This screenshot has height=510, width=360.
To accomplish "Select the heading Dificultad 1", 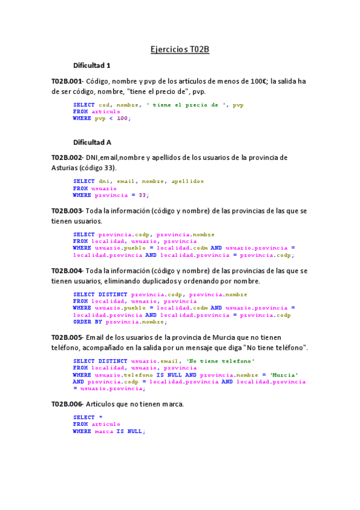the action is coord(92,66).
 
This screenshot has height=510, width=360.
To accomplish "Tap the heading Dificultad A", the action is coord(92,143).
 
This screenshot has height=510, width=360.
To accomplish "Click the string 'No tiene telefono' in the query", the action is coord(221,360).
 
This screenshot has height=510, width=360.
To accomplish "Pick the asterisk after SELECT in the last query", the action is coord(100,417).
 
